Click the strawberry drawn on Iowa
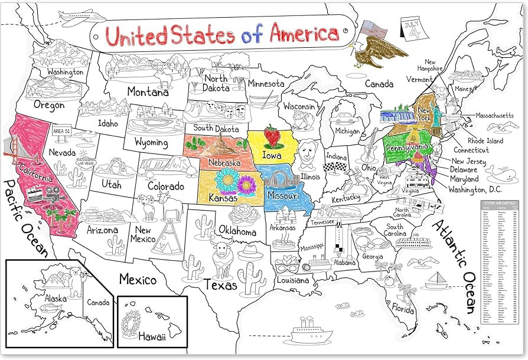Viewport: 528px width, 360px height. [272, 136]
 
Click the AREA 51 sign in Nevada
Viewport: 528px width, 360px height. [62, 131]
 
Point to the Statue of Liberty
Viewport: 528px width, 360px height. [438, 112]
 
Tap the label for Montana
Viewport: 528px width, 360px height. [148, 92]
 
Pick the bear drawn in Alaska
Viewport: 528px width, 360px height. [77, 281]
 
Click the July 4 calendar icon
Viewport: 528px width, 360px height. [414, 29]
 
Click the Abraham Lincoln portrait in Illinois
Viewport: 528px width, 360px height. [307, 153]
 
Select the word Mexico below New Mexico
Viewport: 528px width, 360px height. [138, 279]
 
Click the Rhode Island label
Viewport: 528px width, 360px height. [485, 141]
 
